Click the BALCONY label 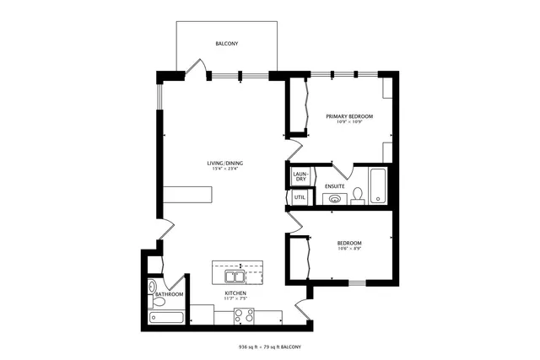point(225,43)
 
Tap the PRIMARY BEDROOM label point(348,116)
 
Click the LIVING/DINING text point(225,163)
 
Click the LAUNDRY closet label point(300,176)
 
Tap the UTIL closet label point(300,197)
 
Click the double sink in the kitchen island point(234,276)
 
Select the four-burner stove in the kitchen point(244,315)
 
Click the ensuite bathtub point(378,185)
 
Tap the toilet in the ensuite point(357,196)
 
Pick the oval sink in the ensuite point(336,199)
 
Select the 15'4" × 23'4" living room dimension point(225,169)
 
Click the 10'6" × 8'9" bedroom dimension point(348,248)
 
